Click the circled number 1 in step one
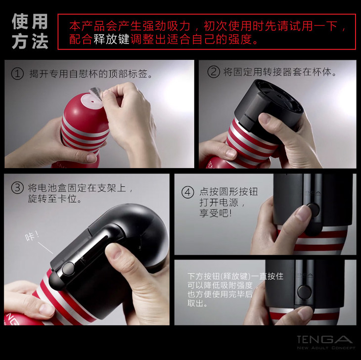[x=17, y=74]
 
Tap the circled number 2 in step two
[x=214, y=72]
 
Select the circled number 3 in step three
[x=17, y=188]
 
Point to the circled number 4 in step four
[x=187, y=192]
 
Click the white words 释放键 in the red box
[x=111, y=39]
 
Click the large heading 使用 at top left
[x=30, y=21]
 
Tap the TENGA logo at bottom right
[x=325, y=339]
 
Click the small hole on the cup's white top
[x=92, y=101]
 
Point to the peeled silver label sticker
[x=96, y=93]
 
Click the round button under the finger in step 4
[x=314, y=210]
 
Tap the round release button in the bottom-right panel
[x=304, y=292]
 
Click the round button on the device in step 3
[x=68, y=269]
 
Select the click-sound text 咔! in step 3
[x=32, y=236]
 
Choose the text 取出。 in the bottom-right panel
[x=197, y=303]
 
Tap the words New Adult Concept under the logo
[x=326, y=348]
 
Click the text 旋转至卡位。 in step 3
[x=54, y=198]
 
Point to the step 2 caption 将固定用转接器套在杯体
[x=280, y=72]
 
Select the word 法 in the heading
[x=40, y=42]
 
